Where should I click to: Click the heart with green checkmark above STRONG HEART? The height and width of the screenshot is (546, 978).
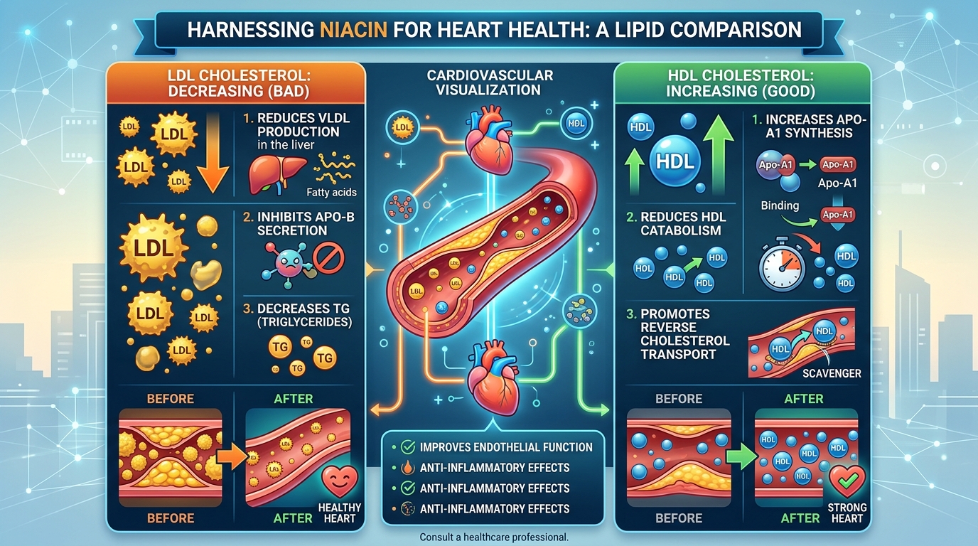(847, 480)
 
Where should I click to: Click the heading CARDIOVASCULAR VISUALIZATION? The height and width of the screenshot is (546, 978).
(489, 82)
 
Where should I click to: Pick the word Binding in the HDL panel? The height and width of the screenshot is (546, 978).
(779, 205)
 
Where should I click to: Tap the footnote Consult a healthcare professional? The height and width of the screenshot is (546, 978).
(494, 537)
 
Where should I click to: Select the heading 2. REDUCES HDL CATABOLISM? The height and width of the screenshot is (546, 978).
(680, 223)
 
